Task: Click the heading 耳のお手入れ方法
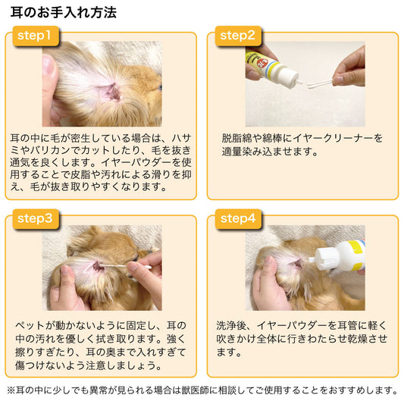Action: [x=64, y=12]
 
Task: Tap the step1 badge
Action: [x=36, y=36]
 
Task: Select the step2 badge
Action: [x=238, y=36]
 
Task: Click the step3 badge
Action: [x=36, y=219]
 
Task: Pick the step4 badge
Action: [x=238, y=219]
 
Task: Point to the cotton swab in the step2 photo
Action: [x=320, y=84]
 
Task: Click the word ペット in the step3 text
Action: [x=30, y=325]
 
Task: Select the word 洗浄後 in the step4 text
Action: [x=231, y=325]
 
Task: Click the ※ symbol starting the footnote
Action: [x=11, y=390]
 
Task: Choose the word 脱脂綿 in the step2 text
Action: [x=236, y=139]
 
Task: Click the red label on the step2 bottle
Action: [x=265, y=64]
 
